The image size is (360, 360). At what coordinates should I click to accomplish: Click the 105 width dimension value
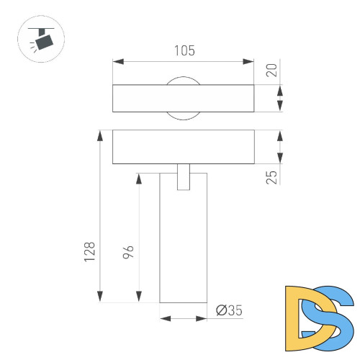(184, 50)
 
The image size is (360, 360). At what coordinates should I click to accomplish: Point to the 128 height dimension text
(89, 251)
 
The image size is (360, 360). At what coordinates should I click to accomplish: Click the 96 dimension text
(128, 252)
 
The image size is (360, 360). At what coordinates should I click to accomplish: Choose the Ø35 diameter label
(230, 310)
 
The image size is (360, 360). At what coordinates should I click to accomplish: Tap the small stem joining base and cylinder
(184, 177)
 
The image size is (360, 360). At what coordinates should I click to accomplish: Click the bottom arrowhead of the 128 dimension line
(99, 298)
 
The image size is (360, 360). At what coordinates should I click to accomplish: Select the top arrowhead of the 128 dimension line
(99, 134)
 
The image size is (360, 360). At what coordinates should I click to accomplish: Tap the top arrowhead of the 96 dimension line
(138, 177)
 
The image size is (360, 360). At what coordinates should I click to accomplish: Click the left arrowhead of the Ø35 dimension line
(163, 318)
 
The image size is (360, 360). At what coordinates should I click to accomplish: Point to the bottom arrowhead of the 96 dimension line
(138, 298)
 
